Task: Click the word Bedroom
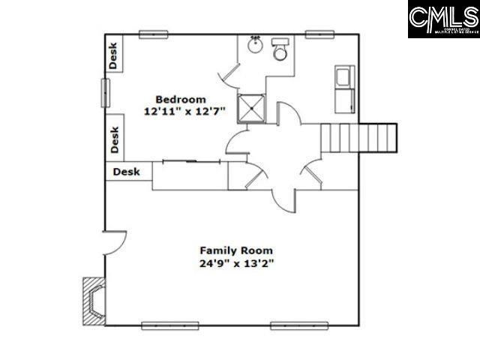click(180, 99)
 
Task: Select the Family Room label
click(235, 250)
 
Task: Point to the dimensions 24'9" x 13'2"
click(235, 263)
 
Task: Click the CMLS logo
click(443, 19)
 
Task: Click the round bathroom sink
click(254, 43)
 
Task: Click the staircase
click(358, 138)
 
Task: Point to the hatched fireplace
click(93, 300)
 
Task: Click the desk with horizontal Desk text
click(129, 172)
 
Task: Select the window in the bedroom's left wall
click(106, 92)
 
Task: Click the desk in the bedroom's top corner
click(114, 54)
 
